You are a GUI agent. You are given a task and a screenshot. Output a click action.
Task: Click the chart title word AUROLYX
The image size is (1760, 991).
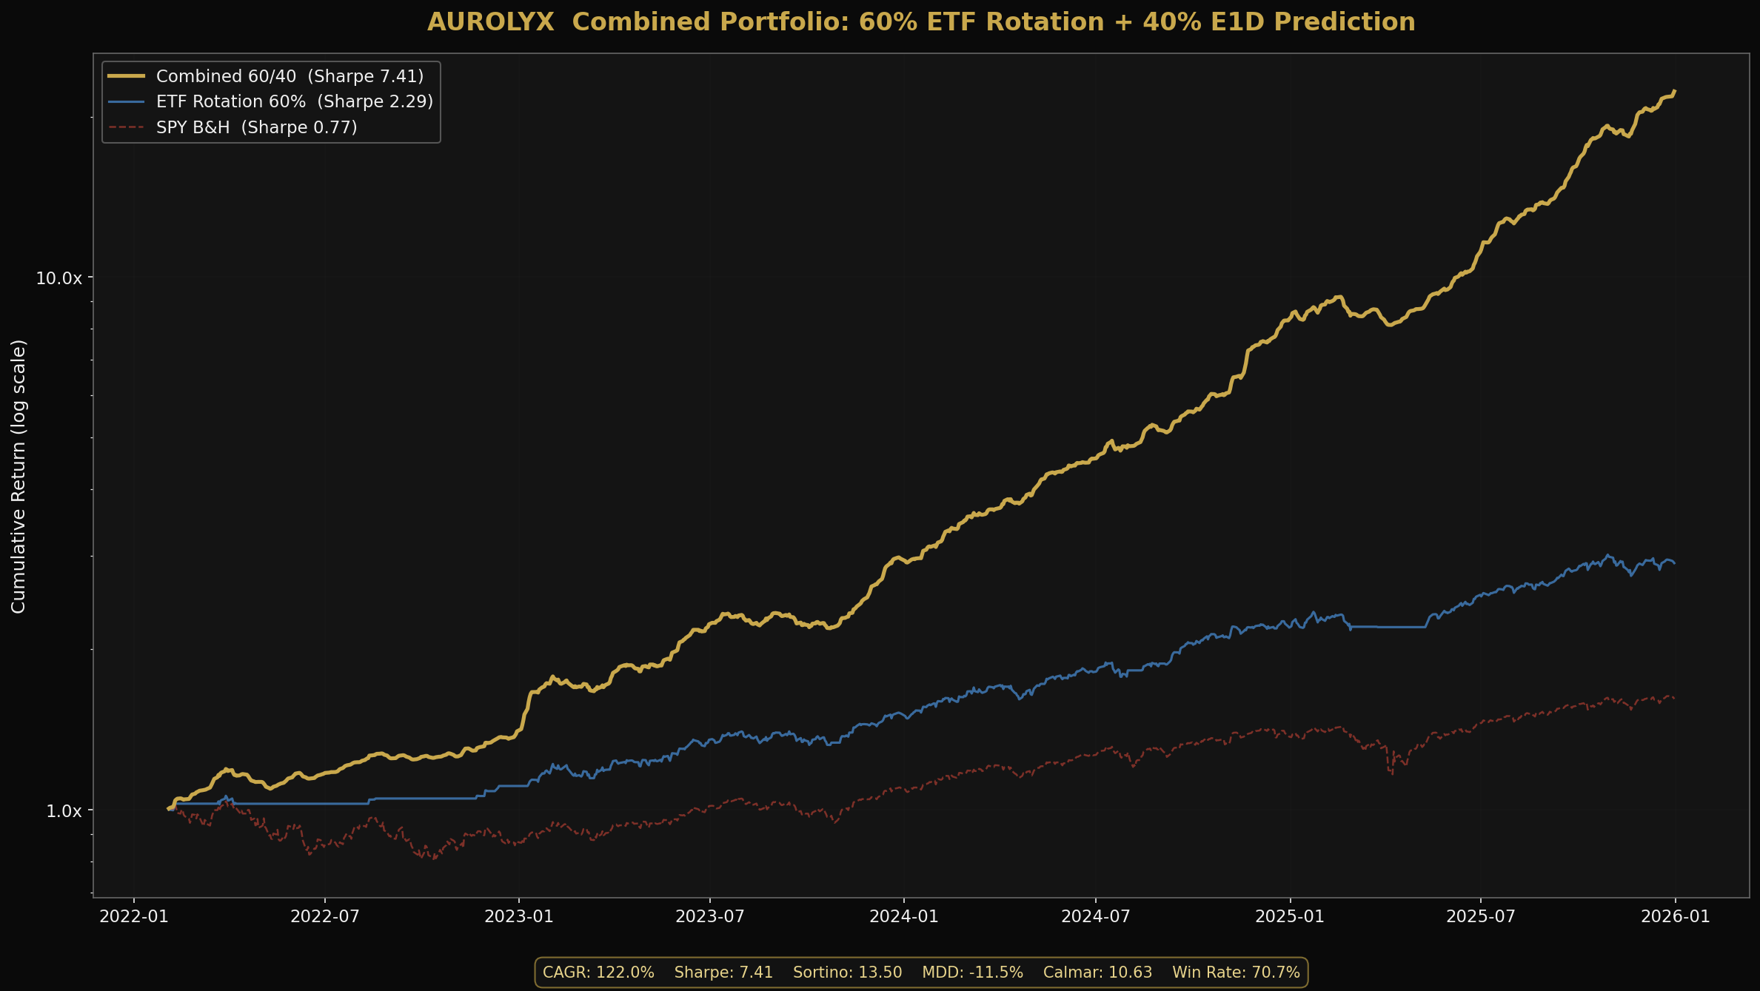[x=490, y=22]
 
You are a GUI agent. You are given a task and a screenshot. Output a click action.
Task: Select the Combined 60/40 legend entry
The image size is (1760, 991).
[x=290, y=76]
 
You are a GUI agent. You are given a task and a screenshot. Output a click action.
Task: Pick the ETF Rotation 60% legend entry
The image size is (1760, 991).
[x=294, y=101]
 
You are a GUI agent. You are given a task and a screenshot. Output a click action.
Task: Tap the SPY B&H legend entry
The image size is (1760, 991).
[x=256, y=127]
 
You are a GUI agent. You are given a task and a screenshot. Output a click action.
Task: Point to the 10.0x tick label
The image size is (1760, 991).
[x=58, y=278]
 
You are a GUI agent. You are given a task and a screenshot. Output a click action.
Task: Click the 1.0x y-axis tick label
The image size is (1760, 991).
[x=64, y=811]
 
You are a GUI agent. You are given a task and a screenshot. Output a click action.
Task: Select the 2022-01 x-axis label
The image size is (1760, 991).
[x=133, y=916]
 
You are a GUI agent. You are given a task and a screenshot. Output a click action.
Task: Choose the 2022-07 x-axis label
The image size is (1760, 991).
[x=325, y=916]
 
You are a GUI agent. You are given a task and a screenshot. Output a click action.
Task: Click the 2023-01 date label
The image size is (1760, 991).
[x=519, y=916]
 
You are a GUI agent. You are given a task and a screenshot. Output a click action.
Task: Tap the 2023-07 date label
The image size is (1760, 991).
[x=710, y=916]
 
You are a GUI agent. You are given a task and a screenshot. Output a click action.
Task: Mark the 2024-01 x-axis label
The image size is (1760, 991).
[x=904, y=916]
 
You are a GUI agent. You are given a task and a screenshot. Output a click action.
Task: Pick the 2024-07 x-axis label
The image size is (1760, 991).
[x=1096, y=916]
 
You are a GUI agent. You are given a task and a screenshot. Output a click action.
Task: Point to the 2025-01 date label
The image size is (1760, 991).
[x=1290, y=916]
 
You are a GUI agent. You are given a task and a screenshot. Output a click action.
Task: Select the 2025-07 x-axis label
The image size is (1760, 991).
[x=1481, y=916]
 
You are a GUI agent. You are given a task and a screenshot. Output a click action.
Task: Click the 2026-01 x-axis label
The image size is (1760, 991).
[x=1676, y=916]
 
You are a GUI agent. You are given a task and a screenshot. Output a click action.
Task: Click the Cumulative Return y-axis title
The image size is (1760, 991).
[x=19, y=476]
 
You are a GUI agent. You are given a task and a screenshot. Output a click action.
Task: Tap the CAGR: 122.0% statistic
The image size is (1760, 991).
[x=598, y=972]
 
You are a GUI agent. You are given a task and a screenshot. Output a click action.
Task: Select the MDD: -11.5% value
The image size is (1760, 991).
[x=972, y=972]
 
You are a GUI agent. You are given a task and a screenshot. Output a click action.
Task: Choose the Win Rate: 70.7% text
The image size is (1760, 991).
[x=1236, y=972]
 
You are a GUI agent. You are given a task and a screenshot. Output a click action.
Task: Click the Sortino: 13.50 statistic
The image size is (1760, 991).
[x=847, y=972]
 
